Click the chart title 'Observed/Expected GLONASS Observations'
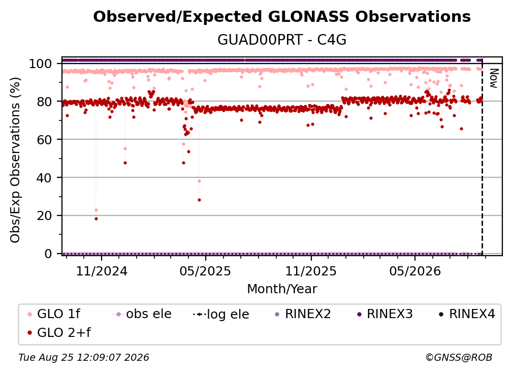click(282, 17)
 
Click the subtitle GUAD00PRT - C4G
click(282, 40)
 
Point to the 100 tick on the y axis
click(40, 64)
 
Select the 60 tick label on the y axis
click(44, 140)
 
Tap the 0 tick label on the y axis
click(48, 254)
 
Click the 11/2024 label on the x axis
click(102, 271)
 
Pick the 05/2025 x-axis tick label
click(205, 271)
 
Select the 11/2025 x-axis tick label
click(311, 271)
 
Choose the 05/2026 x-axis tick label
click(415, 271)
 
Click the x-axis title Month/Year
click(282, 289)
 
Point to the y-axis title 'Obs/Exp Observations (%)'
click(15, 160)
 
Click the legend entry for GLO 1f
click(54, 314)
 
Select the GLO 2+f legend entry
click(59, 333)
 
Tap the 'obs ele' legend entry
click(142, 314)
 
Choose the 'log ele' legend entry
click(221, 314)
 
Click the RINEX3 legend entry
click(385, 314)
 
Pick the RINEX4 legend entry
click(467, 314)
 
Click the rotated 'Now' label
click(493, 78)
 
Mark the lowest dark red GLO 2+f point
click(96, 219)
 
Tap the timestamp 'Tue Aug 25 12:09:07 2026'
click(84, 358)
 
